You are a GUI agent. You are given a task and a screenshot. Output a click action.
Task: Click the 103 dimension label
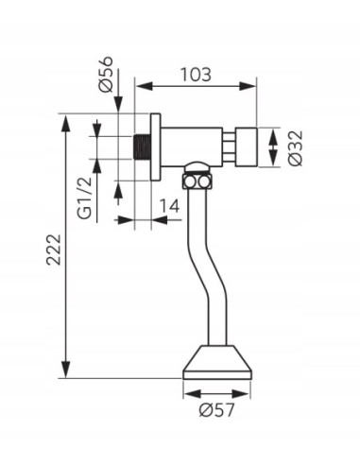coord(196,75)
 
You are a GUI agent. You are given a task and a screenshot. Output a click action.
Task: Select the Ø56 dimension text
coord(107,74)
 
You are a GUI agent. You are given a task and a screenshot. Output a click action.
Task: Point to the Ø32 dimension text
coord(295,147)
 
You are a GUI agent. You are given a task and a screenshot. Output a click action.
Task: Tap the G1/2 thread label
coord(84,198)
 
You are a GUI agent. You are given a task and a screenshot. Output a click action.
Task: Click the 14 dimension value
coord(169,206)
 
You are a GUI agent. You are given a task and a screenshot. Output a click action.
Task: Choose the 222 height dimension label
coord(54,250)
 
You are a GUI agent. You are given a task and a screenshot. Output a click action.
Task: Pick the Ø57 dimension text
coord(217,410)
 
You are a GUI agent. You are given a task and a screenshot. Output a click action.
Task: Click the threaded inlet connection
coord(142,147)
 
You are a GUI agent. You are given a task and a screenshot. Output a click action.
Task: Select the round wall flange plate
coord(155,147)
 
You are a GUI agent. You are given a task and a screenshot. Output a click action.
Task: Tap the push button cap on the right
coord(247,147)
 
